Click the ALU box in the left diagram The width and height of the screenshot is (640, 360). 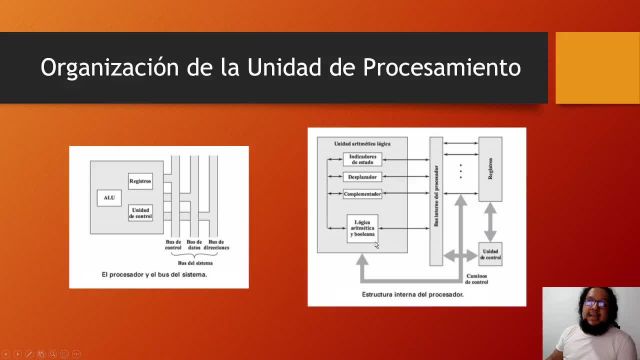tap(109, 197)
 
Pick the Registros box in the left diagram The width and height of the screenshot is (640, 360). tap(140, 181)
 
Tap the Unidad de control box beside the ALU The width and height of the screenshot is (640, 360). tap(140, 211)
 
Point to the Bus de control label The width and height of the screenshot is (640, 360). tap(174, 244)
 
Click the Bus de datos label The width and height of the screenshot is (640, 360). tap(194, 244)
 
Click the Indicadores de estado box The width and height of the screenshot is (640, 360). tap(362, 160)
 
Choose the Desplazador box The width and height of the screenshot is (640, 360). tap(362, 176)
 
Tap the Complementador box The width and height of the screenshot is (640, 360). tap(362, 192)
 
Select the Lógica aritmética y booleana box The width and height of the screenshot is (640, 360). tap(362, 230)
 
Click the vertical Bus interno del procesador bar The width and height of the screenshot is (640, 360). tap(436, 200)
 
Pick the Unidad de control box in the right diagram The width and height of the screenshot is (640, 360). tap(490, 252)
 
